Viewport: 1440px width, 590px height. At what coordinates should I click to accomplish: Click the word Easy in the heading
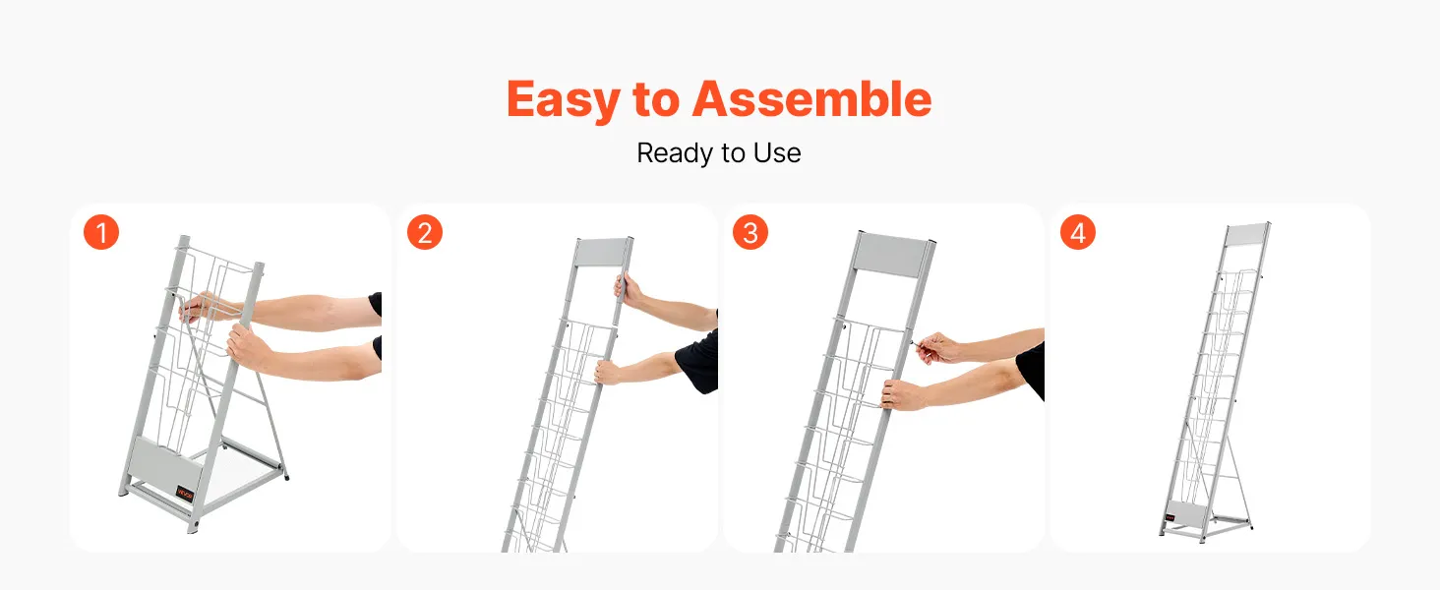[564, 100]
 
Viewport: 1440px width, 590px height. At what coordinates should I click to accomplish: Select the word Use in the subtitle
[777, 153]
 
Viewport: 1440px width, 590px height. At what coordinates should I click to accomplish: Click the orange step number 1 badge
[101, 232]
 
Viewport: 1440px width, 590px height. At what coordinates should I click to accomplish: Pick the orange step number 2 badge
[425, 232]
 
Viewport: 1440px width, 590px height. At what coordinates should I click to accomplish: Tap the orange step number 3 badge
[750, 232]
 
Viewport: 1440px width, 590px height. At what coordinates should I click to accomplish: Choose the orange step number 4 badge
[1078, 232]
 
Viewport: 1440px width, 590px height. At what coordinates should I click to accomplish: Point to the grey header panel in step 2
[600, 252]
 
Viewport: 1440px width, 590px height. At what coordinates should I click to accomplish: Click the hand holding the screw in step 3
[939, 349]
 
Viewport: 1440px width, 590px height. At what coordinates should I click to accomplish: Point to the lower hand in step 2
[610, 372]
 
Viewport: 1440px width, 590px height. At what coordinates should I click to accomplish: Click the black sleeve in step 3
[1031, 370]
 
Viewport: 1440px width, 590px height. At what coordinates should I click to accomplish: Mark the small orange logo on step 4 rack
[1170, 517]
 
